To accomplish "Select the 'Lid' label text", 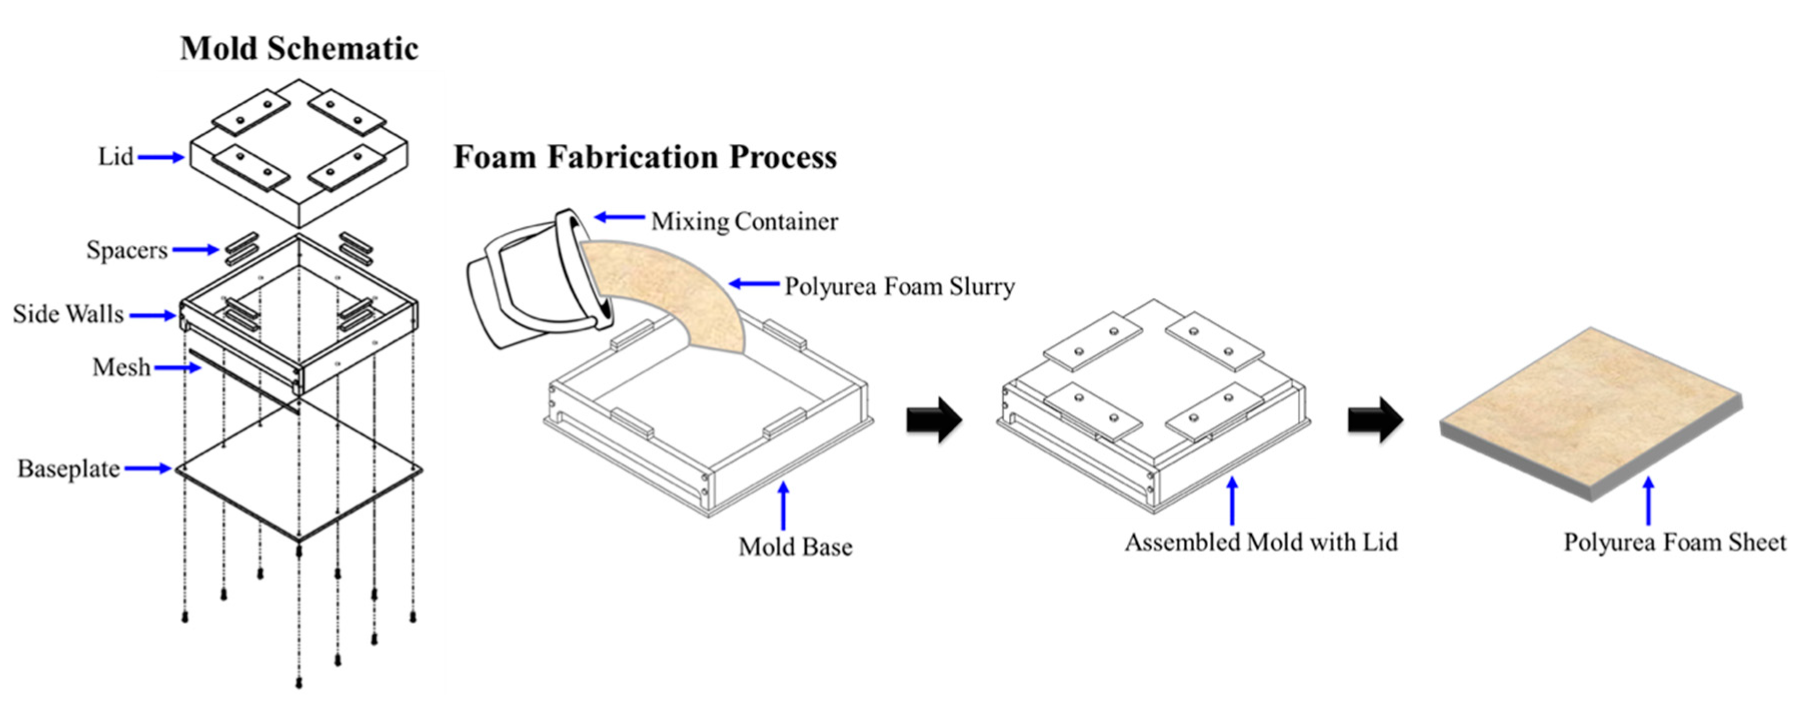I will [x=115, y=157].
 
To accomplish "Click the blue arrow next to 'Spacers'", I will [x=196, y=249].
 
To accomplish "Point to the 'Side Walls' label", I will [x=68, y=314].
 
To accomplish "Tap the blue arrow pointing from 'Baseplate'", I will [x=148, y=469].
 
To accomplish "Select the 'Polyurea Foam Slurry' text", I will [x=899, y=286].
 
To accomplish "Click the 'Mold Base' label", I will [x=795, y=547].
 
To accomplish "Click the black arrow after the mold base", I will [x=934, y=420].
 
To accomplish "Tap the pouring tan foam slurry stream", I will [x=670, y=293].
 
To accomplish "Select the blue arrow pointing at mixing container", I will [x=619, y=218].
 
